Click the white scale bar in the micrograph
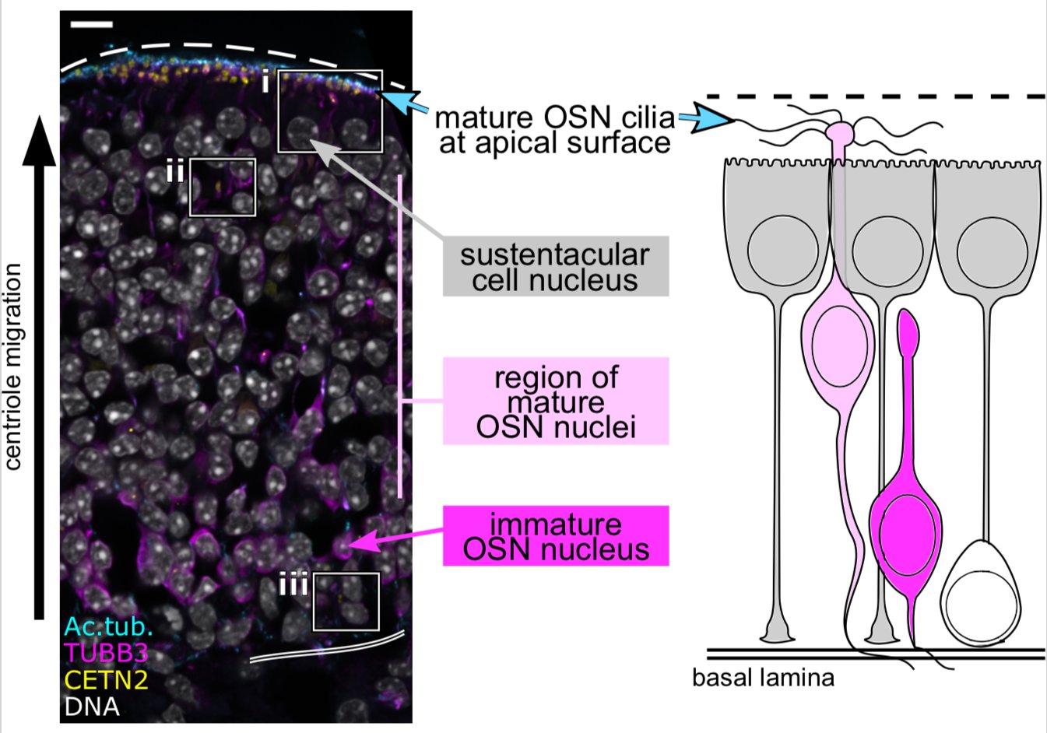pyautogui.click(x=91, y=25)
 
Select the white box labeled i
pyautogui.click(x=330, y=110)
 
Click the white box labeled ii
pyautogui.click(x=223, y=187)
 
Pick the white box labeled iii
pyautogui.click(x=346, y=601)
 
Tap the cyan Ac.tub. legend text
pyautogui.click(x=108, y=626)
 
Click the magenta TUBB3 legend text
pyautogui.click(x=106, y=653)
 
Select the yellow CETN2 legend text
pyautogui.click(x=106, y=680)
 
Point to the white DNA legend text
pyautogui.click(x=92, y=707)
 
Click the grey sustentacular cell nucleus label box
pyautogui.click(x=555, y=267)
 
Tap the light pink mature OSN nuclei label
pyautogui.click(x=555, y=402)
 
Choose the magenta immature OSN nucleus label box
pyautogui.click(x=555, y=536)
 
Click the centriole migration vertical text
pyautogui.click(x=13, y=366)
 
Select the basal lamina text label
pyautogui.click(x=763, y=677)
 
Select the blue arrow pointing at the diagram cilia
pyautogui.click(x=707, y=120)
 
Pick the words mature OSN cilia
pyautogui.click(x=554, y=118)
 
